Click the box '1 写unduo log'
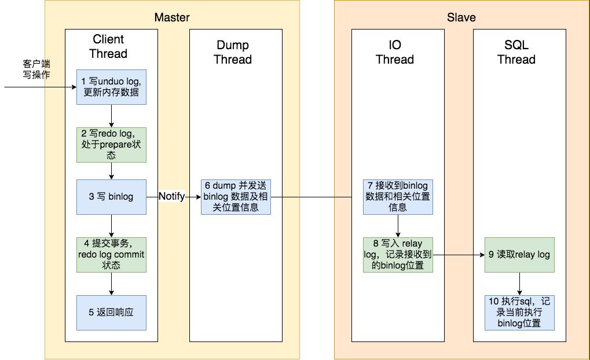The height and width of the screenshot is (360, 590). [111, 87]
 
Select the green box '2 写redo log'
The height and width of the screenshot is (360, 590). [111, 144]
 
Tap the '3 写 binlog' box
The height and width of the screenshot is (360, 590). [111, 197]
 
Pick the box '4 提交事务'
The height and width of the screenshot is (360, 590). [111, 255]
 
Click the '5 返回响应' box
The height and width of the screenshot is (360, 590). [111, 312]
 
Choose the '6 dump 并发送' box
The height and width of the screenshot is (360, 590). [236, 197]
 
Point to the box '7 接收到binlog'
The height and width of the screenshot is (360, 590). [398, 197]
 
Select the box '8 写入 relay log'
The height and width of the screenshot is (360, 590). [398, 255]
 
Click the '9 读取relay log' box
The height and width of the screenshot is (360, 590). [519, 255]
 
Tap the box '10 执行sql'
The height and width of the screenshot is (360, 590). [519, 312]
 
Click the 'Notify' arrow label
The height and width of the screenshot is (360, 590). [172, 197]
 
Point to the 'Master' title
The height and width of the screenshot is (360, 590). [172, 17]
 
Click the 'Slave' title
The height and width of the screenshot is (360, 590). [461, 17]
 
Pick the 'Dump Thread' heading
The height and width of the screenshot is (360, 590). [233, 52]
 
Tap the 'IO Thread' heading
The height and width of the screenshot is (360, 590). [395, 52]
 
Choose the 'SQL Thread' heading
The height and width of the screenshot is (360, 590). [516, 52]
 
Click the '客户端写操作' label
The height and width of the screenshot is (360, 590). [36, 68]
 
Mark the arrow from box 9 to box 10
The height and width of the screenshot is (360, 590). [519, 284]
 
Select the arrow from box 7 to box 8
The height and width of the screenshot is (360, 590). [398, 226]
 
